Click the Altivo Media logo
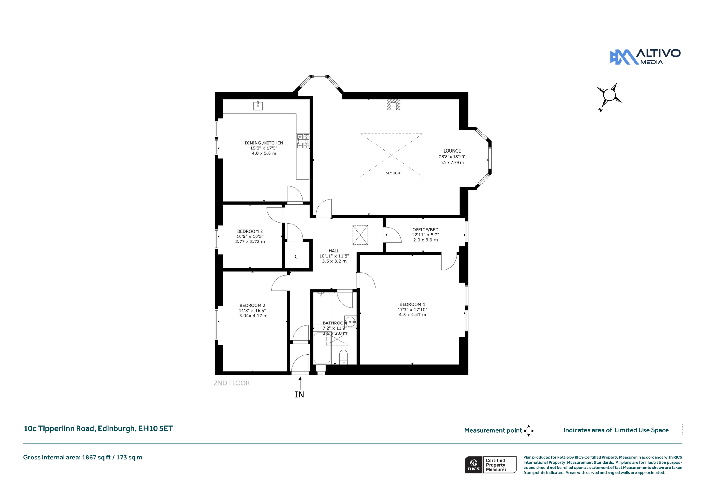pos(645,57)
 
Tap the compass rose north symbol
pos(609,96)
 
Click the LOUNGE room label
pos(452,151)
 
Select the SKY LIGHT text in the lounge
pos(394,173)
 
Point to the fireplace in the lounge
pos(394,105)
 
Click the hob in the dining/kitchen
pos(303,141)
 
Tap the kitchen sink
pos(258,106)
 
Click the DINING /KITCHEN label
pos(264,143)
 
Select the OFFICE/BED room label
pos(425,230)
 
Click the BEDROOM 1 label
pos(412,304)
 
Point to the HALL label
pos(334,251)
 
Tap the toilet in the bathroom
pos(343,357)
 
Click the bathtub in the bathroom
pos(322,348)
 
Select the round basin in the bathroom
pos(350,322)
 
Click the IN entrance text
pos(300,394)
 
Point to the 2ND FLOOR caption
pos(231,383)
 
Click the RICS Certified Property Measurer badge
pos(491,465)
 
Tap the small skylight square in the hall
pos(360,235)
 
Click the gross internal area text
pos(83,458)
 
